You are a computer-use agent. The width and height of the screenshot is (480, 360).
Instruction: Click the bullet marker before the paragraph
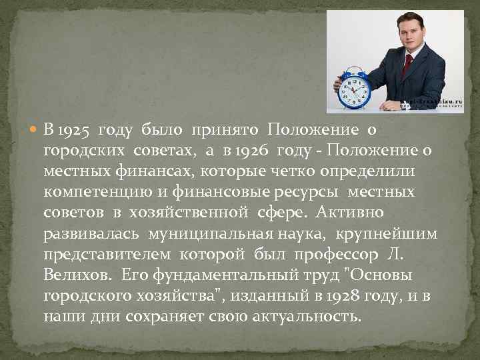pos(34,129)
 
